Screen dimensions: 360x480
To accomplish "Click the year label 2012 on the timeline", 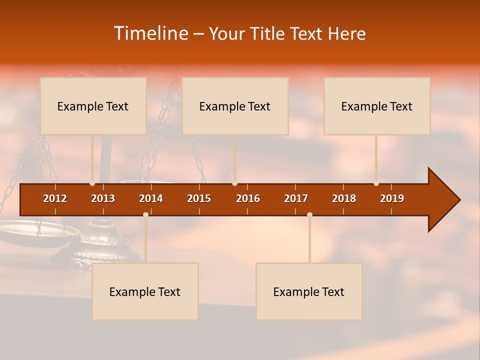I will tap(55, 198).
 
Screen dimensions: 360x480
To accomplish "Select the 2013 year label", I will tap(103, 198).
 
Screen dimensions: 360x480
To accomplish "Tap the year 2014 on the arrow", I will tap(151, 198).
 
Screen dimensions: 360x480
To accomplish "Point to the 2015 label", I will tap(199, 198).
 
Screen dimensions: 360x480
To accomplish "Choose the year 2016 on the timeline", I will tap(248, 198).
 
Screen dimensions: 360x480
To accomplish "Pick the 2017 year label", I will tap(296, 198).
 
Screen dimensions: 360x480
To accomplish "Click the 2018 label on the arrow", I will tap(344, 198).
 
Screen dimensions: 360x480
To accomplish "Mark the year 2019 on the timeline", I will tap(392, 198).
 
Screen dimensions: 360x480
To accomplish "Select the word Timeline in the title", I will tap(150, 33).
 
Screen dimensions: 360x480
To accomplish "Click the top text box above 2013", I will tap(93, 106).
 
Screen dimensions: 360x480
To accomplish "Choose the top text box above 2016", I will tap(235, 106).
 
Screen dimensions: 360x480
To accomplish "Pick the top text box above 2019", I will tap(377, 106).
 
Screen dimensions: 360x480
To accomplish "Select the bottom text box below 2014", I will tap(145, 291).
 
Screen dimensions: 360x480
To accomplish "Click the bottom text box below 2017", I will tap(309, 291).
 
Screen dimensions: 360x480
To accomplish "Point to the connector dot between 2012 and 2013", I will tap(92, 183).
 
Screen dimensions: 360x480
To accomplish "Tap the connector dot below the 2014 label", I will tap(145, 214).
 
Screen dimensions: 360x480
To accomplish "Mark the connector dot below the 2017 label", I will tap(309, 214).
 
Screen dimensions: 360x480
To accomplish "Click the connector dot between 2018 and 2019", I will tap(376, 183).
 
